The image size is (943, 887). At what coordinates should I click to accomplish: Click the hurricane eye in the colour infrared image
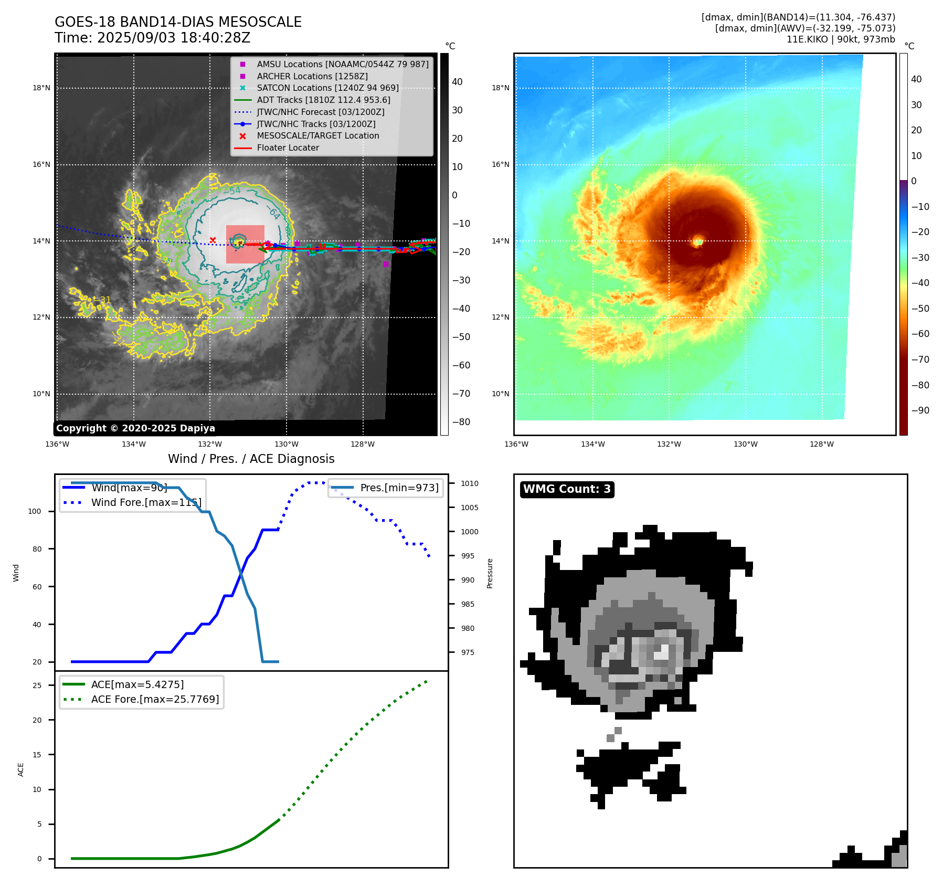(697, 242)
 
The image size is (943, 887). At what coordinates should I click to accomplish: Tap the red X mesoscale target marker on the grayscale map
(213, 240)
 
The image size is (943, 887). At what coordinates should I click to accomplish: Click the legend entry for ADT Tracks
(323, 100)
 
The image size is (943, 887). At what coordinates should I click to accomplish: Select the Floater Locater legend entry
(288, 147)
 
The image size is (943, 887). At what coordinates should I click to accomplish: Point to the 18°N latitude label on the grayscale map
(41, 88)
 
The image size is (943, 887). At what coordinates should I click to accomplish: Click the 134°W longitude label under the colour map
(592, 444)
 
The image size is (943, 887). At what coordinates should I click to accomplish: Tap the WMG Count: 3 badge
(567, 489)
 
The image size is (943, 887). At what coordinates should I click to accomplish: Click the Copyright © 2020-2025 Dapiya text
(135, 428)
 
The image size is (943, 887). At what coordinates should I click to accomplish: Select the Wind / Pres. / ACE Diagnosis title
(251, 459)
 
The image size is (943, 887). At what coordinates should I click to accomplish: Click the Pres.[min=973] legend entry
(399, 488)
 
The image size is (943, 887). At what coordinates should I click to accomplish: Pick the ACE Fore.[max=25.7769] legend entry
(155, 699)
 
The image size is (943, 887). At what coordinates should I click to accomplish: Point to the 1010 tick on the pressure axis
(470, 483)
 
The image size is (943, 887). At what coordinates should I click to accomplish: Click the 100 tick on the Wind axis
(35, 511)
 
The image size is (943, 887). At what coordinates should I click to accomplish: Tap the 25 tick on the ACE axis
(37, 685)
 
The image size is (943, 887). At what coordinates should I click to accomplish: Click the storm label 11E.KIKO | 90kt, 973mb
(841, 39)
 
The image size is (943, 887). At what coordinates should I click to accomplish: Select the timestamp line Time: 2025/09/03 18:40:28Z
(152, 38)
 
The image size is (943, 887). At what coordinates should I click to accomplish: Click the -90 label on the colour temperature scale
(920, 410)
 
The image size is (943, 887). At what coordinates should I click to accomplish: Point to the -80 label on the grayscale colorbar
(461, 422)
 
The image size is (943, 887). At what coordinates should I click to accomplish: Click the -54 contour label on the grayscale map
(232, 191)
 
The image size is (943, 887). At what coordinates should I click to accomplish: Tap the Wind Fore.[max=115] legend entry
(146, 502)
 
